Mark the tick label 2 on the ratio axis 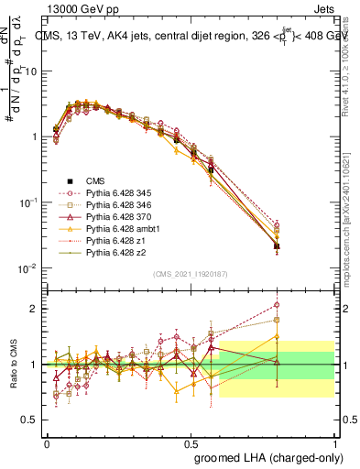point(35,309)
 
